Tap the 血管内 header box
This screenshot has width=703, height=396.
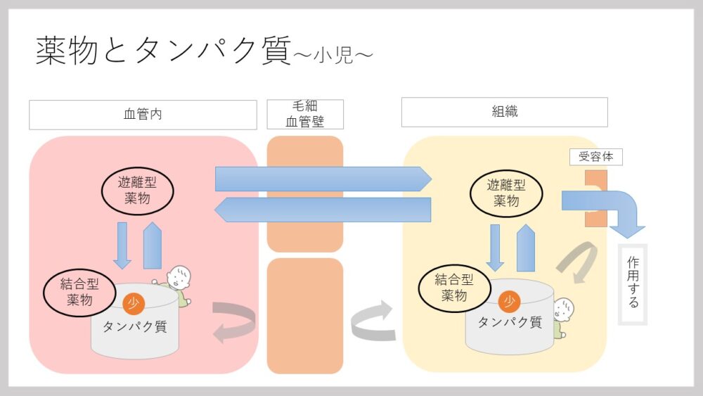click(143, 115)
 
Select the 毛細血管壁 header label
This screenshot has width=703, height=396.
click(305, 114)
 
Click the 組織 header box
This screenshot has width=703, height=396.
click(504, 112)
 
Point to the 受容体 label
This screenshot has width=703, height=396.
click(595, 157)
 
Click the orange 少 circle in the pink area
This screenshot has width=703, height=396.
click(134, 303)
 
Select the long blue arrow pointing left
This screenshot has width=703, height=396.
click(323, 210)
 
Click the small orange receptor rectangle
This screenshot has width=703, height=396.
click(595, 198)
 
